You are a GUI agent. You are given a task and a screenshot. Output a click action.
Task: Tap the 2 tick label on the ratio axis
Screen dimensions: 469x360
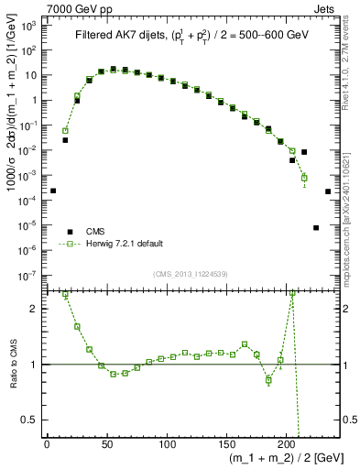(x=33, y=308)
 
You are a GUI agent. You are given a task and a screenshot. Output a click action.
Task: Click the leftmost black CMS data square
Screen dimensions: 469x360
(x=53, y=191)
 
